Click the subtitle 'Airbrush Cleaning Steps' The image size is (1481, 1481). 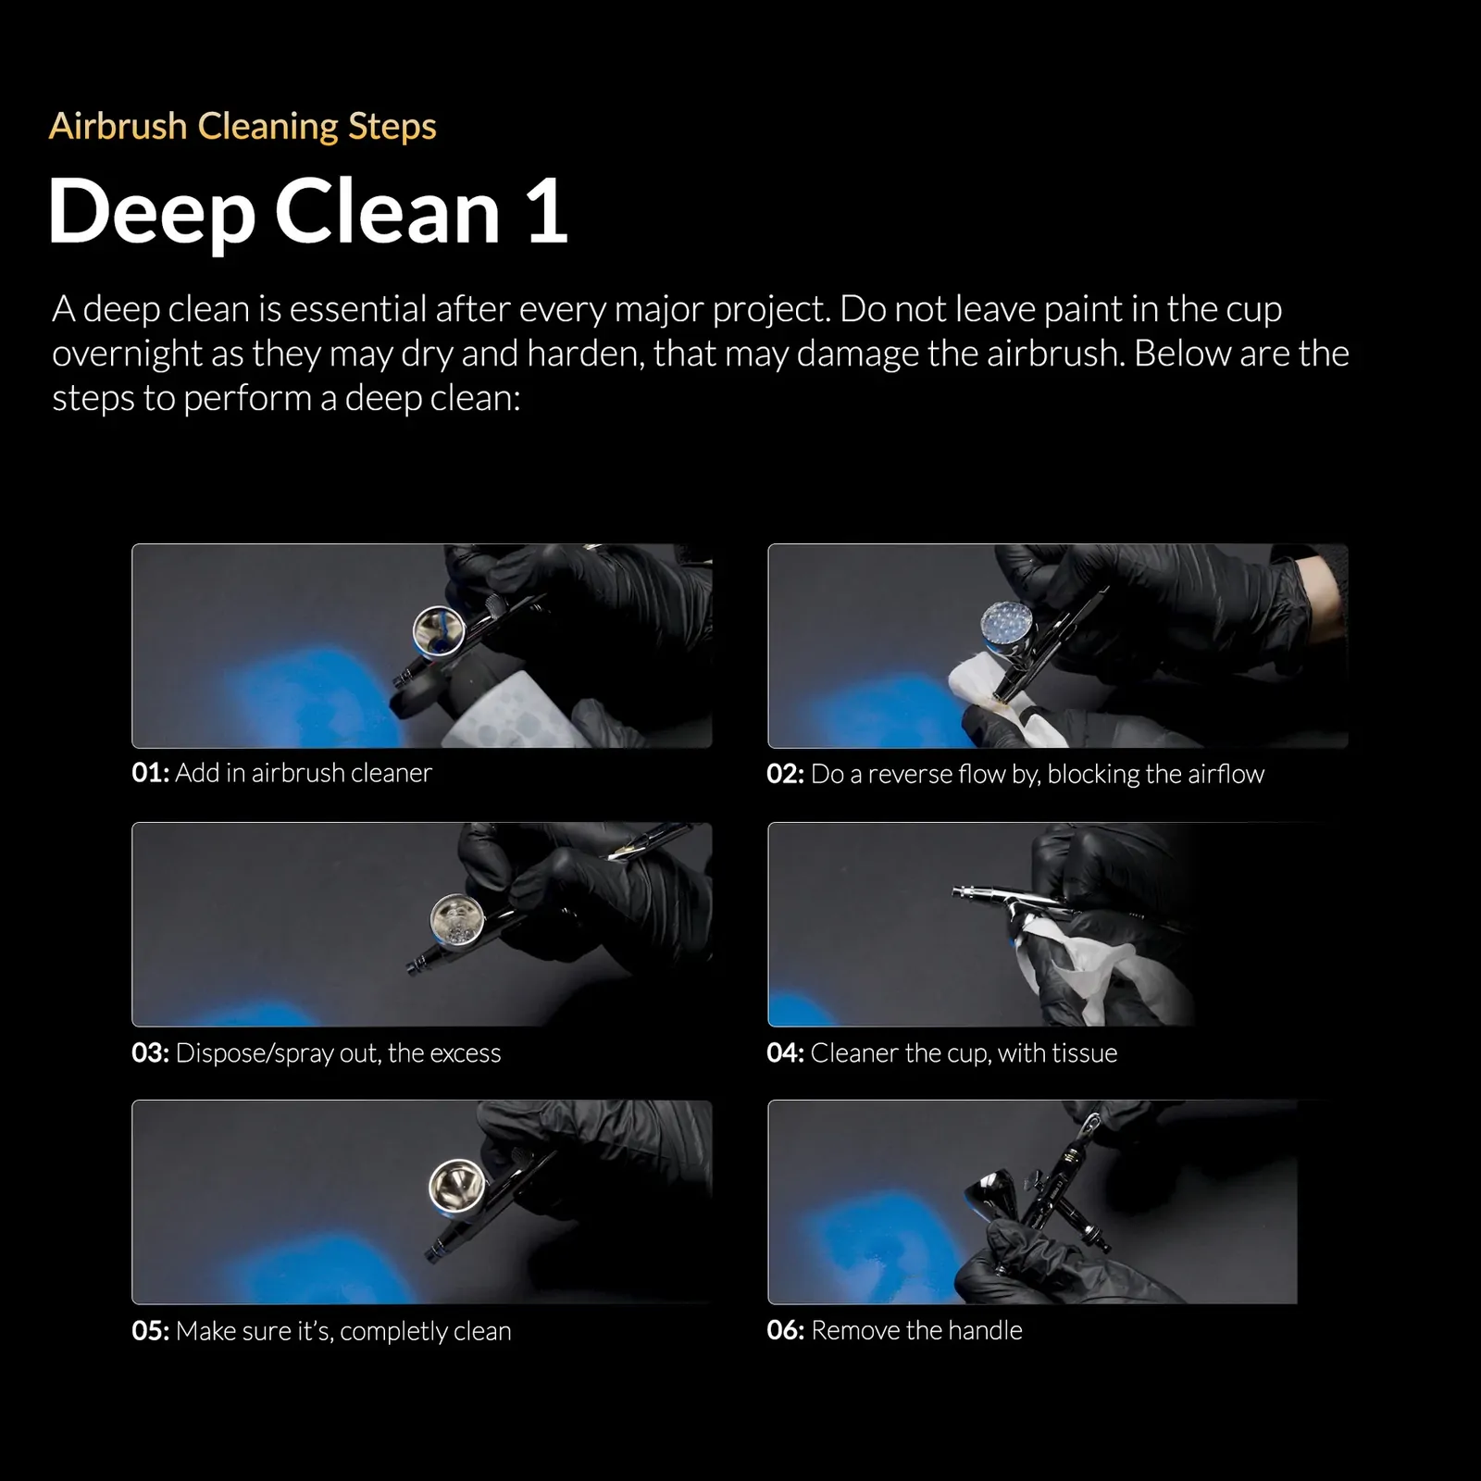pyautogui.click(x=243, y=127)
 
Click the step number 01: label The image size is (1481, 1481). pyautogui.click(x=150, y=773)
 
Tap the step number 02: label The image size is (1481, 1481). pyautogui.click(x=785, y=774)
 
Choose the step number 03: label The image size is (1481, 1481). pyautogui.click(x=150, y=1053)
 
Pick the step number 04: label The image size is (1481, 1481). pyautogui.click(x=785, y=1053)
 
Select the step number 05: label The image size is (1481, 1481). pyautogui.click(x=150, y=1331)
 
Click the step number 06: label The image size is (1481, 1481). pyautogui.click(x=785, y=1331)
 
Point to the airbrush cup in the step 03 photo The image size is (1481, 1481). pyautogui.click(x=457, y=918)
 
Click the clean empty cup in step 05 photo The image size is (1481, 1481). pyautogui.click(x=457, y=1185)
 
